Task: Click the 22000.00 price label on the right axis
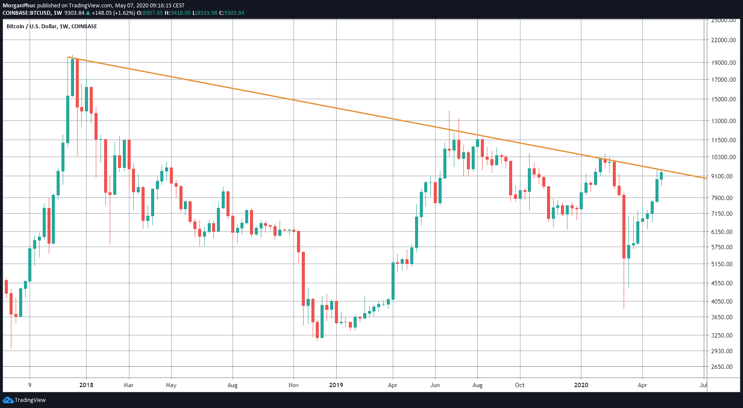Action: [723, 40]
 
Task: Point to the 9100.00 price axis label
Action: [723, 176]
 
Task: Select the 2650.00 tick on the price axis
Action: [723, 367]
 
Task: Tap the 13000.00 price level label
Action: [723, 121]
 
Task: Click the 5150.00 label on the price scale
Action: [723, 264]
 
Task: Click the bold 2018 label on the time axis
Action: [86, 385]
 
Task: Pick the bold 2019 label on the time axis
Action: [336, 385]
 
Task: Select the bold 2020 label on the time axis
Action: [581, 385]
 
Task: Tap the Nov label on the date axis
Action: [294, 385]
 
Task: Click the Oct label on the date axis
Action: [520, 385]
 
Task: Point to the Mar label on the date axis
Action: [128, 385]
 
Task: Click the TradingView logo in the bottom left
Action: [24, 400]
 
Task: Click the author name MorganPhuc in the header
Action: [19, 6]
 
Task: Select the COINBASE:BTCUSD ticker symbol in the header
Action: [26, 13]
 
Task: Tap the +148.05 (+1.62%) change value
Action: [113, 13]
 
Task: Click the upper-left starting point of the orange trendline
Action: [68, 57]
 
